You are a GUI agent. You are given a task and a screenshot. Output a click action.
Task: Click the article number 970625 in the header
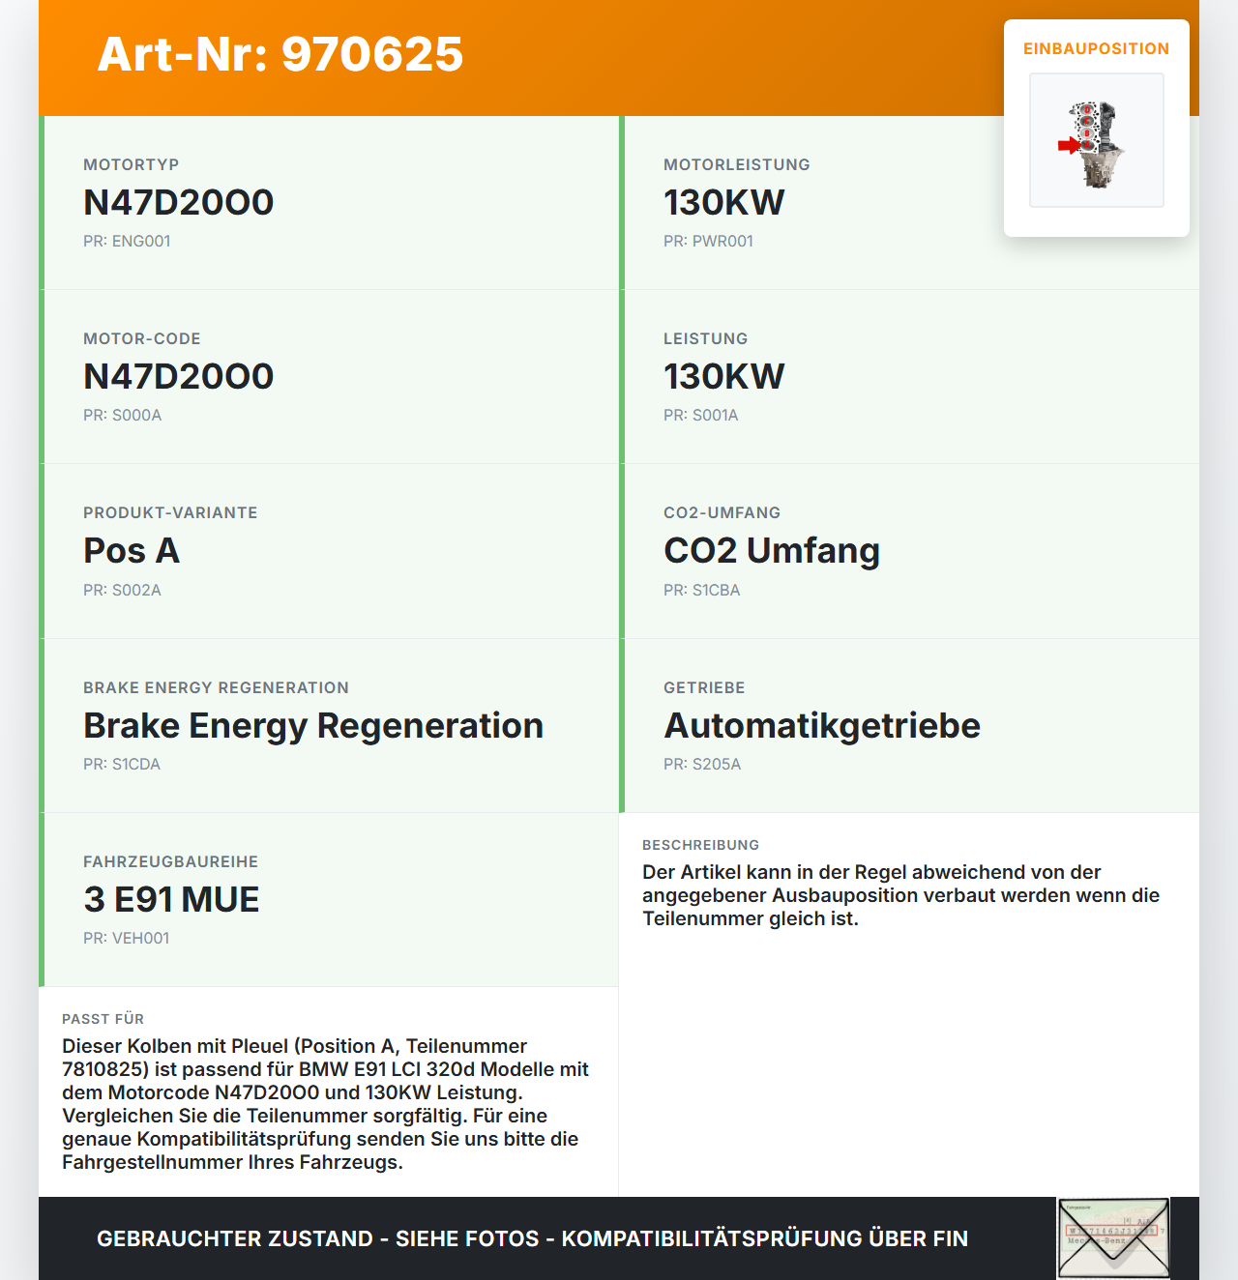coord(372,54)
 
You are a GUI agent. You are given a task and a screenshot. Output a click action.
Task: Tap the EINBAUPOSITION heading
coord(1096,48)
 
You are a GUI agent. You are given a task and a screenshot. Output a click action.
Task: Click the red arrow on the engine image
coord(1068,146)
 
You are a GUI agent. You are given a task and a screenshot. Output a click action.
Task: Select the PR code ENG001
coord(127,241)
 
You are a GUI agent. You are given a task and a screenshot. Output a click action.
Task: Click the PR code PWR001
coord(708,241)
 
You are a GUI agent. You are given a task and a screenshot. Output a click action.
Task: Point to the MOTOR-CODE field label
coord(142,338)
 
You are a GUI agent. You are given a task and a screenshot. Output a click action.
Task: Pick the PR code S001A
coord(700,415)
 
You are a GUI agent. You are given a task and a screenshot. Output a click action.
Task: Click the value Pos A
coord(132,550)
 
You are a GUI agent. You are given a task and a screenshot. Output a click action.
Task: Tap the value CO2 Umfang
coord(771,550)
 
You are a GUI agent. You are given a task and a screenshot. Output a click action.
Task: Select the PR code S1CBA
coord(701,590)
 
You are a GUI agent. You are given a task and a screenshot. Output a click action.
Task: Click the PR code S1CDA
coord(122,764)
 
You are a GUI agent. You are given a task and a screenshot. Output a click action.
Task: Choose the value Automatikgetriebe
coord(821,725)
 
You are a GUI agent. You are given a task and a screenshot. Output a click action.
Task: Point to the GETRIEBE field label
coord(704,687)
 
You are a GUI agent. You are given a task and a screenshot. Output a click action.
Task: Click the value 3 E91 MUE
coord(171,899)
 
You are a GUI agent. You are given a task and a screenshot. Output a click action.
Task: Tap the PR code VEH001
coord(126,938)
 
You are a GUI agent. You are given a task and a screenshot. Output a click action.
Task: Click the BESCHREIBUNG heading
coord(700,845)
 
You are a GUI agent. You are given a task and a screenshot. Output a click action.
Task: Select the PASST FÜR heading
coord(103,1019)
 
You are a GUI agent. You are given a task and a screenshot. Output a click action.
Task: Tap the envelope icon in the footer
coord(1113,1238)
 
